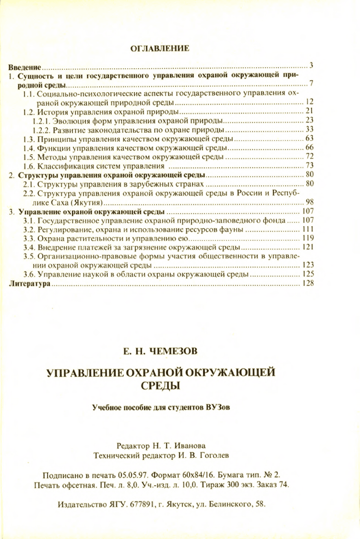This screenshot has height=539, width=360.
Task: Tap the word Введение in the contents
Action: point(24,67)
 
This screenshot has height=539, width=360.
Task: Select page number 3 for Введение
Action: point(311,65)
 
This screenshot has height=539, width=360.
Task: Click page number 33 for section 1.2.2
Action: point(309,129)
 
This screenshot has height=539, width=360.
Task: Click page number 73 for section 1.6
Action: point(309,166)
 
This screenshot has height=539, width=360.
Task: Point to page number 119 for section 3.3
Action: point(308,238)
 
